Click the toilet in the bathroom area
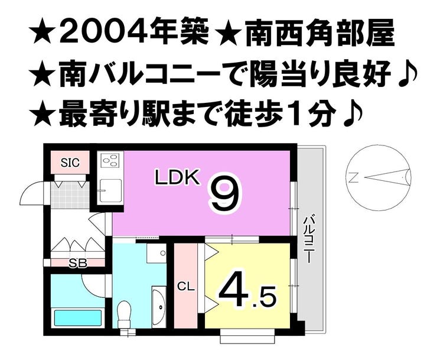click(x=124, y=311)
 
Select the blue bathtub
click(x=78, y=317)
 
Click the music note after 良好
click(x=407, y=74)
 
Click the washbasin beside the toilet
click(x=158, y=302)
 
